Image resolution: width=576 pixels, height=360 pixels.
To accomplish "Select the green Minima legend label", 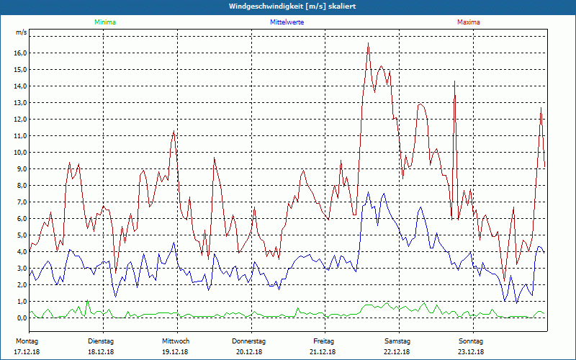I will click(x=104, y=22).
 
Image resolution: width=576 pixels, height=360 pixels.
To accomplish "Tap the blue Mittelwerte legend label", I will click(x=287, y=22).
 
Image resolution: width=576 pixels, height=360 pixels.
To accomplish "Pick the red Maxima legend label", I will click(x=468, y=22).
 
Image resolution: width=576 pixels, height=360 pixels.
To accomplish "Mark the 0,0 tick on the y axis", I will click(x=20, y=318).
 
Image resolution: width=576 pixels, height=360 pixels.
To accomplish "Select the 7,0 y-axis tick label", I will click(x=20, y=202).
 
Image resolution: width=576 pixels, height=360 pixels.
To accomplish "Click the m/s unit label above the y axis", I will click(x=21, y=33).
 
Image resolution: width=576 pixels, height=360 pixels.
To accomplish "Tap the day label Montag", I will click(x=27, y=341).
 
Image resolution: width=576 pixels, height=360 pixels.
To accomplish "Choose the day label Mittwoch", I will click(x=176, y=341).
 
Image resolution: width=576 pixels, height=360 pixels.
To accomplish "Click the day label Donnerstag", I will click(x=249, y=341).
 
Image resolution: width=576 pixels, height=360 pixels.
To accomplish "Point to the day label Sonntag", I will click(x=472, y=341).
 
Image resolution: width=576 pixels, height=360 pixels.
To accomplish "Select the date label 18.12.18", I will click(x=101, y=352).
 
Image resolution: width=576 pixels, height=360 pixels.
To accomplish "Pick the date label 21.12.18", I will click(x=323, y=352).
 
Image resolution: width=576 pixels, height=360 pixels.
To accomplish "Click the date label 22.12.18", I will click(x=397, y=352).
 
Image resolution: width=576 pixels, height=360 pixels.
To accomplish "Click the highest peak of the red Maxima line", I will click(x=368, y=43).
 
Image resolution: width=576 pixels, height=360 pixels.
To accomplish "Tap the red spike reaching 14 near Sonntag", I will click(x=454, y=83).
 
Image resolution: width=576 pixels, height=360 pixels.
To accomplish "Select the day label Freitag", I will click(x=323, y=341).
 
